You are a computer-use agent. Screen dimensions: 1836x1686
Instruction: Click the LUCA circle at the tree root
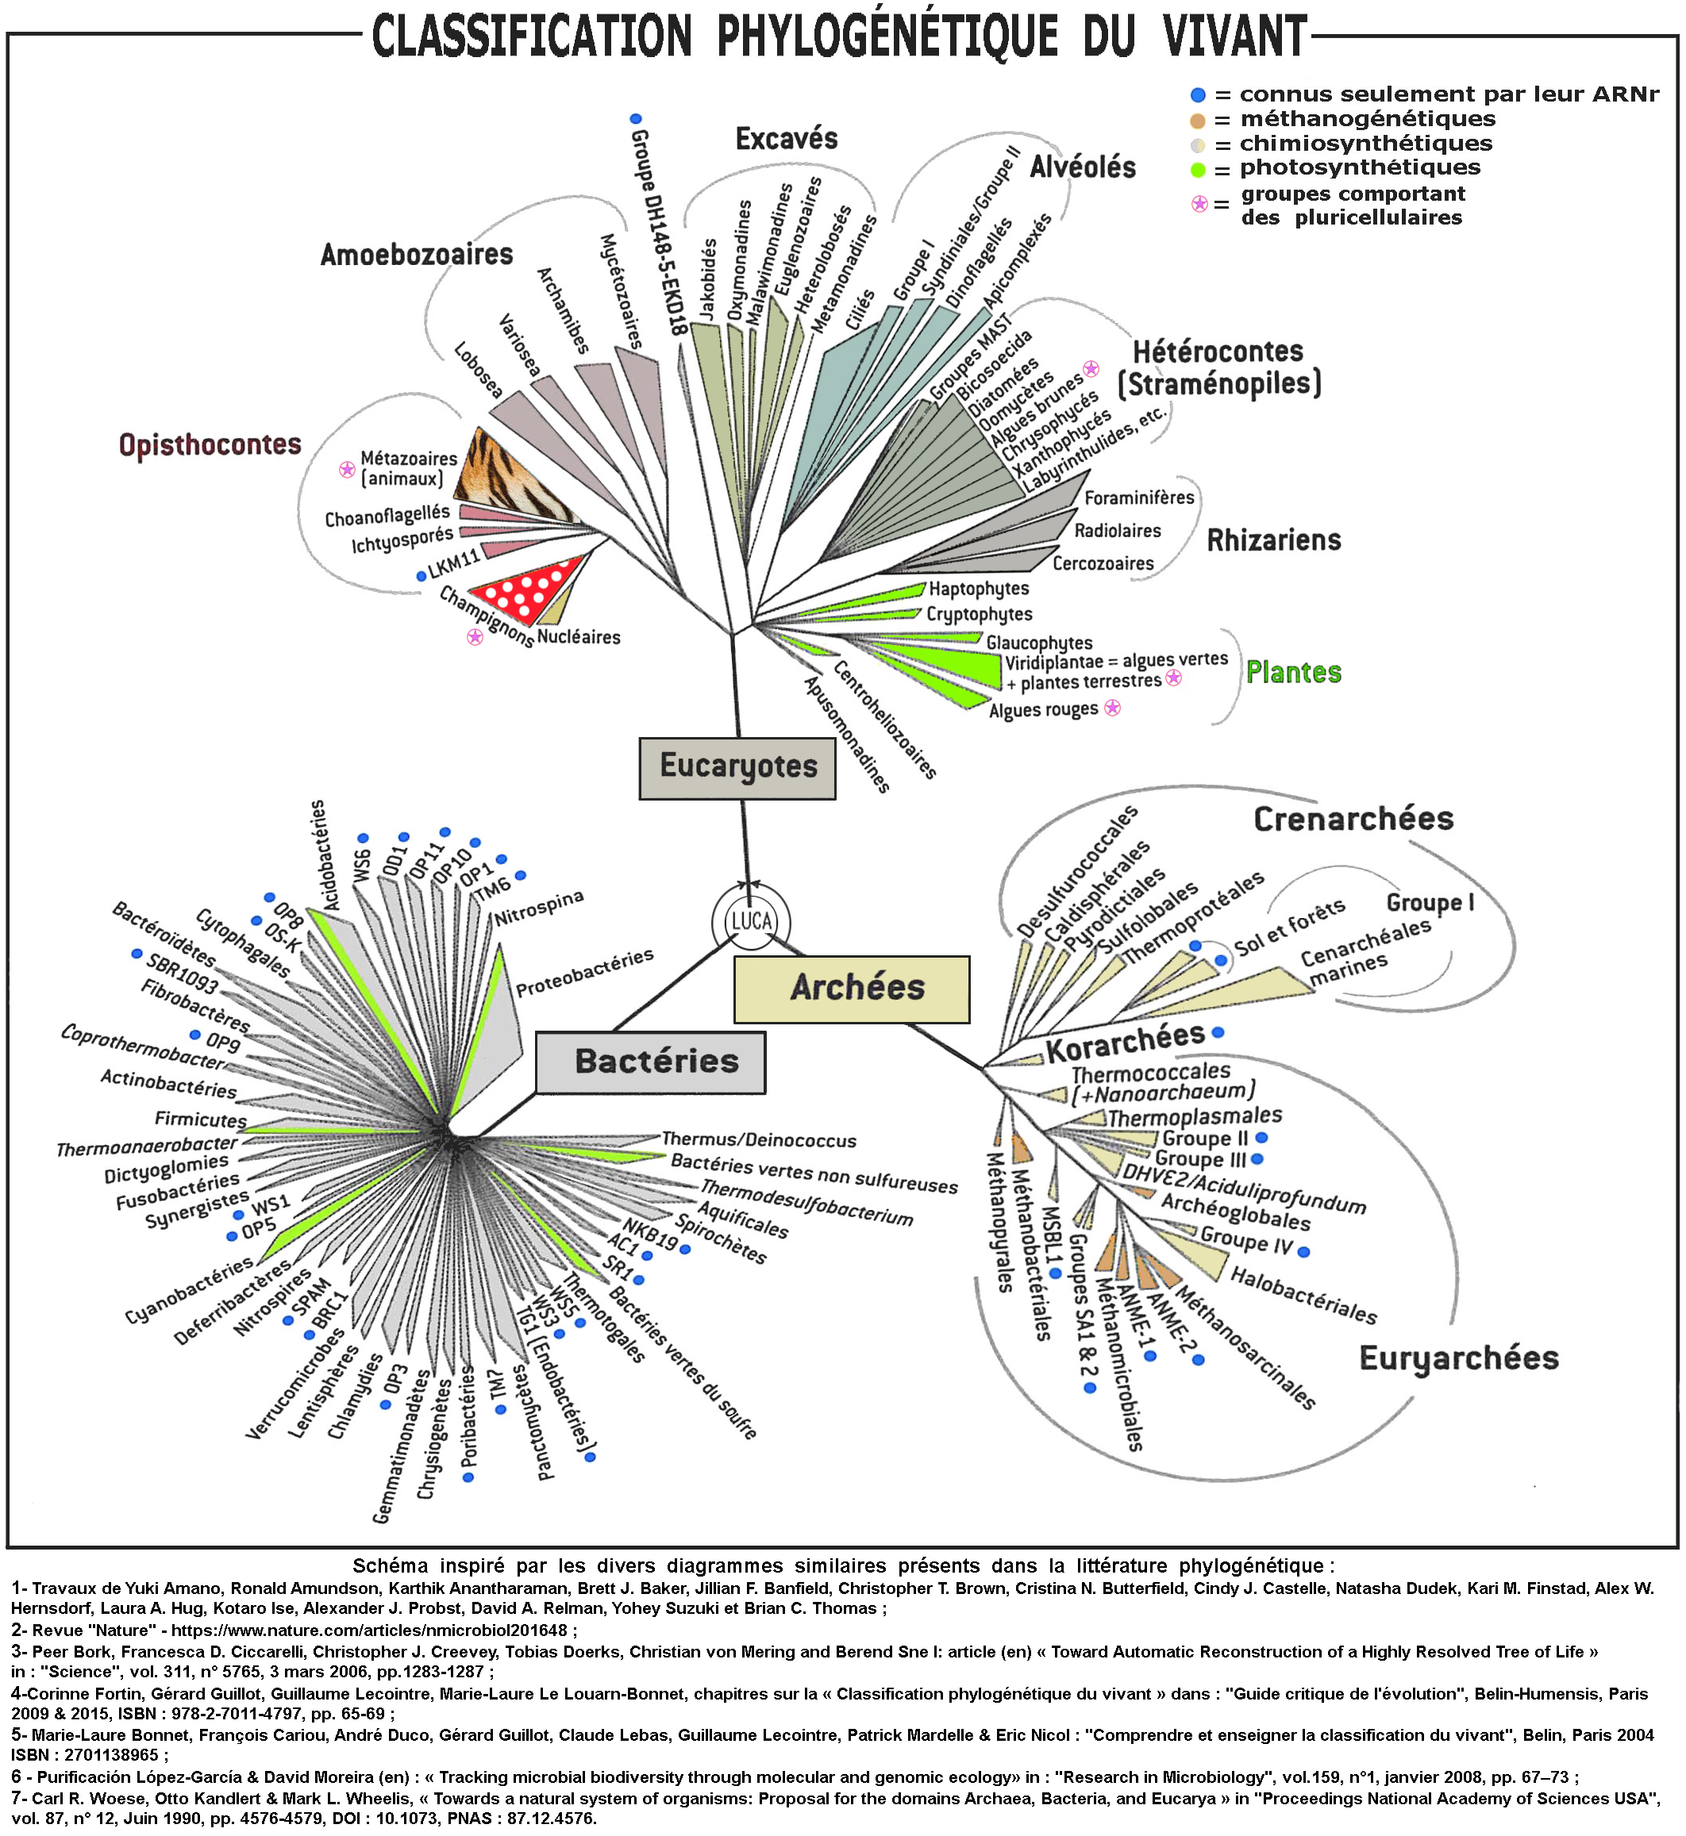751,921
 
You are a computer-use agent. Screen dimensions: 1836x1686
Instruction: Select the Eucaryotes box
737,768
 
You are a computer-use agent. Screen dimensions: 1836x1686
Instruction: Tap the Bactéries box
650,1062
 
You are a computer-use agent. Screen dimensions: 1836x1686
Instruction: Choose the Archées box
851,989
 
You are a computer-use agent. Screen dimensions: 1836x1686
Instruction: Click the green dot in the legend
1198,170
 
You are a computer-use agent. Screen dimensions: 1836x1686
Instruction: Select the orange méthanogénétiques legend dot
1198,121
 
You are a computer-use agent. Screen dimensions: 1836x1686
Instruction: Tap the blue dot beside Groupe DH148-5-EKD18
636,118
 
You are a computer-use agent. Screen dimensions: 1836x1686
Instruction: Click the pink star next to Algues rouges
1112,708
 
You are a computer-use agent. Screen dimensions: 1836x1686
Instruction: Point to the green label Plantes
1294,672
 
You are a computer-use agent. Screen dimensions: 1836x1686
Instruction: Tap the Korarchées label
1125,1042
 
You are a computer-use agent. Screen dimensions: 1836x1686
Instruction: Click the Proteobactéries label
585,972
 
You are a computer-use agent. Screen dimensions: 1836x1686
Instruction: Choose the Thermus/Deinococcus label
759,1140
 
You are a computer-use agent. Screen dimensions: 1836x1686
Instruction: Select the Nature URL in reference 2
369,1631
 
